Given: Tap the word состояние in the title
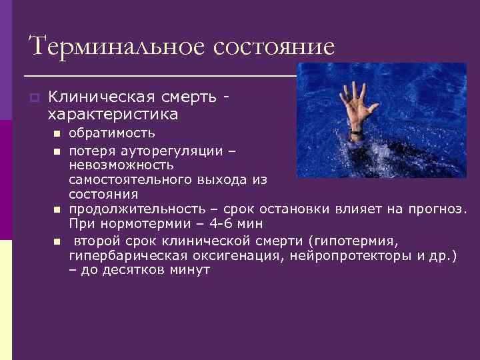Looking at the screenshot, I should click(x=274, y=47).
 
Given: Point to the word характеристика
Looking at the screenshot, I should click(x=113, y=115).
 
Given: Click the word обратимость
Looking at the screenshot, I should click(x=112, y=134).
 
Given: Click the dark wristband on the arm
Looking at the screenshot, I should click(x=357, y=135).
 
